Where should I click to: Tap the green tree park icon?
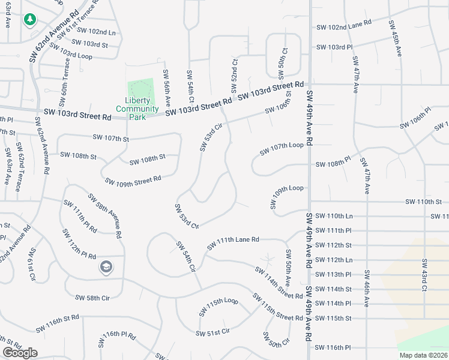(x=29, y=20)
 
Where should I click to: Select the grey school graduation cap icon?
(x=106, y=266)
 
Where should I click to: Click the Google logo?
(x=20, y=353)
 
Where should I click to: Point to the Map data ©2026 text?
(x=423, y=355)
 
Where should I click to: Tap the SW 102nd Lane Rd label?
(x=344, y=28)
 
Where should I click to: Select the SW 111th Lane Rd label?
(x=233, y=243)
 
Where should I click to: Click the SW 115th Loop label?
(x=218, y=305)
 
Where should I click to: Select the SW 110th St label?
(x=423, y=202)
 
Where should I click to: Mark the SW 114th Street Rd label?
(x=279, y=283)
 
